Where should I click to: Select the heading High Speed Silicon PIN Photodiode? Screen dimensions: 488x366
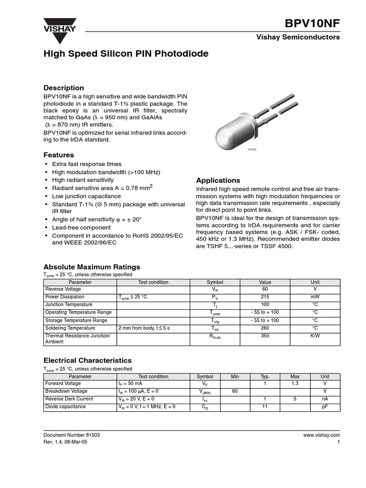pyautogui.click(x=126, y=54)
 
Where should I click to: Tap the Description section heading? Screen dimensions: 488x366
pyautogui.click(x=63, y=88)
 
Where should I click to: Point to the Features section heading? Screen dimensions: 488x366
pyautogui.click(x=59, y=155)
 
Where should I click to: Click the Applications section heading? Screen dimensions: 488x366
pyautogui.click(x=218, y=180)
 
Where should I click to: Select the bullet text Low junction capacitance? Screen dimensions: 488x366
pyautogui.click(x=86, y=196)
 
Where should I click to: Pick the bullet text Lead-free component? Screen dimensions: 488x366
pyautogui.click(x=81, y=228)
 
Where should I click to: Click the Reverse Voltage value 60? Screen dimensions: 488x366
pyautogui.click(x=265, y=289)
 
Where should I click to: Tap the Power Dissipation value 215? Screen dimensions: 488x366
pyautogui.click(x=265, y=297)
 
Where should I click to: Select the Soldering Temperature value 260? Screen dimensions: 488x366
pyautogui.click(x=265, y=328)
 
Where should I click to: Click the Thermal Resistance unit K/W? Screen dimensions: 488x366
pyautogui.click(x=315, y=336)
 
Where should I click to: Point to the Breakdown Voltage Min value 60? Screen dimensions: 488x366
pyautogui.click(x=235, y=391)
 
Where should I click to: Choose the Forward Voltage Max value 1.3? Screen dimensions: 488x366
pyautogui.click(x=295, y=384)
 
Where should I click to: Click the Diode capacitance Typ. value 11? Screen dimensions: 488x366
pyautogui.click(x=265, y=407)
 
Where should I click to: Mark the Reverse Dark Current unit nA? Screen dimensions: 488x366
pyautogui.click(x=325, y=399)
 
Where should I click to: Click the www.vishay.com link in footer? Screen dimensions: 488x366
pyautogui.click(x=321, y=435)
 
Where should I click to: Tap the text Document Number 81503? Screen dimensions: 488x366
pyautogui.click(x=71, y=435)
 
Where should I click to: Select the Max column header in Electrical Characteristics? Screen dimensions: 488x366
pyautogui.click(x=295, y=376)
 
